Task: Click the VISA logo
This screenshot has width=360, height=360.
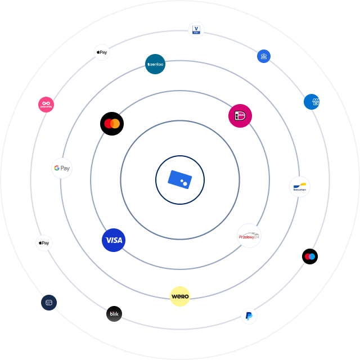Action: pyautogui.click(x=114, y=240)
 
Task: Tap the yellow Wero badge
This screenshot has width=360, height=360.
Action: pyautogui.click(x=180, y=296)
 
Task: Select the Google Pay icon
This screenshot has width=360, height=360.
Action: pyautogui.click(x=62, y=168)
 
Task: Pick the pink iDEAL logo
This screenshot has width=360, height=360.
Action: pyautogui.click(x=240, y=115)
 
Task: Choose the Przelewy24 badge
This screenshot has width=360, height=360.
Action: pyautogui.click(x=249, y=236)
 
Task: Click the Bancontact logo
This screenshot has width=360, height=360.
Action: pyautogui.click(x=299, y=186)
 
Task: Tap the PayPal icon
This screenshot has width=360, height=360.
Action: pyautogui.click(x=249, y=316)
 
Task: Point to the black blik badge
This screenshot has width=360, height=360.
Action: pyautogui.click(x=114, y=314)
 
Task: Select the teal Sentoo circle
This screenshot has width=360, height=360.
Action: pyautogui.click(x=155, y=65)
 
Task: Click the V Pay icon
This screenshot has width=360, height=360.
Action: pyautogui.click(x=196, y=30)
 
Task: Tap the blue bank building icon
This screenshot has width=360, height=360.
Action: pyautogui.click(x=264, y=56)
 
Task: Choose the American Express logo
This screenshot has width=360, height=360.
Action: pyautogui.click(x=312, y=102)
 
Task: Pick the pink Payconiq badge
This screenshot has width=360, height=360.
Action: pyautogui.click(x=46, y=104)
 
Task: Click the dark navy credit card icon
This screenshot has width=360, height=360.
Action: pyautogui.click(x=49, y=302)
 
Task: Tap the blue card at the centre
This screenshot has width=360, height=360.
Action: pyautogui.click(x=180, y=180)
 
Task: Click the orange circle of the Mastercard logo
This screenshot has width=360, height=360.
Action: pyautogui.click(x=115, y=123)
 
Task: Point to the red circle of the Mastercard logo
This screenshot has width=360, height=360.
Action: pyautogui.click(x=108, y=123)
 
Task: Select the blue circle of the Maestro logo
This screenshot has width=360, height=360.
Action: pyautogui.click(x=312, y=256)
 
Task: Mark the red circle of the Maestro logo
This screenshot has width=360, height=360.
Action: pyautogui.click(x=307, y=256)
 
